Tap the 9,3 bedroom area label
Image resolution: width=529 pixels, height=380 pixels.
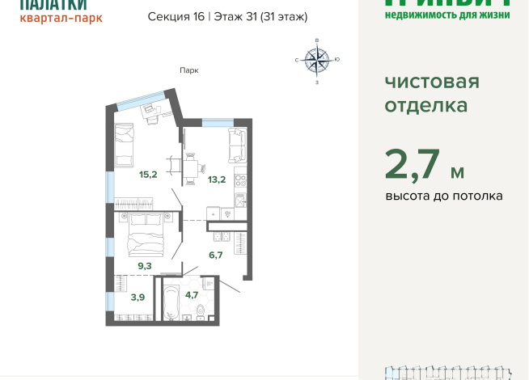click(143, 264)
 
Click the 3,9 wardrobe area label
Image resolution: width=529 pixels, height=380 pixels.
click(138, 296)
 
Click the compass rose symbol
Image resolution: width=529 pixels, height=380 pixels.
click(317, 60)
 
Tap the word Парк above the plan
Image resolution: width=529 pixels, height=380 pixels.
click(189, 70)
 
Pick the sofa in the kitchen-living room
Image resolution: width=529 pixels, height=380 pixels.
click(238, 144)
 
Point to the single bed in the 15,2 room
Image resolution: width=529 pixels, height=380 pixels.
click(127, 144)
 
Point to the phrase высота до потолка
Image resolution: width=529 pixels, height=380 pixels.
click(443, 196)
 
